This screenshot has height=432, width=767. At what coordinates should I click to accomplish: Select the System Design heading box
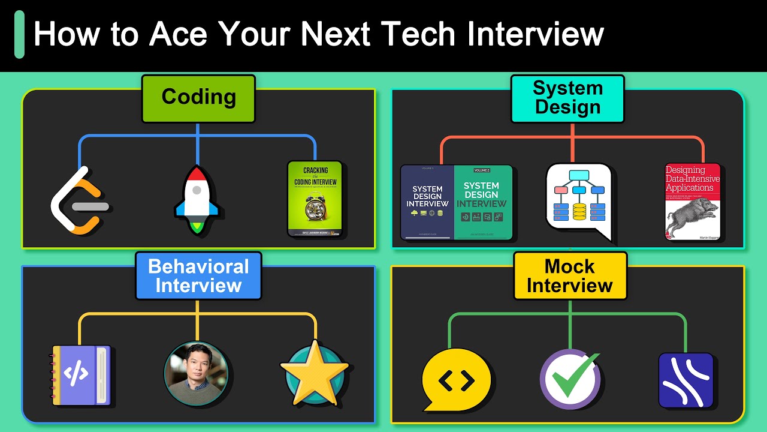(567, 99)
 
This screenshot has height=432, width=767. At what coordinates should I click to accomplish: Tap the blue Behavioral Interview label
(198, 276)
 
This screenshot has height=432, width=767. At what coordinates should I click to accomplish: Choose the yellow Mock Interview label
(570, 276)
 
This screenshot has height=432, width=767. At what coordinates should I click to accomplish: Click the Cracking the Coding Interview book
(315, 199)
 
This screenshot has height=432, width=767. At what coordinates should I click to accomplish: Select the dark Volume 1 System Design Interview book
(427, 202)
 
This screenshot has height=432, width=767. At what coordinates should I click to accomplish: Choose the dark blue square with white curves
(686, 380)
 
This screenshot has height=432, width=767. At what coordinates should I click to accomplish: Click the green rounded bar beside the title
(19, 34)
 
